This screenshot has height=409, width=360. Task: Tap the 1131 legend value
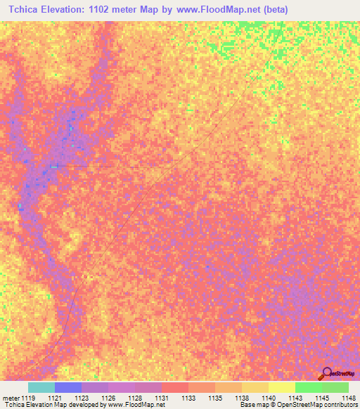pos(162,397)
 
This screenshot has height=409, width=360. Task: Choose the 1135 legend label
pos(214,397)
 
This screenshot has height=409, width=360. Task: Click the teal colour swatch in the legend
pos(41,387)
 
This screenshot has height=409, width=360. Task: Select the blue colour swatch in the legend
pos(67,387)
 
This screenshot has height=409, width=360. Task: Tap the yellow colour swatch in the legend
pos(281,387)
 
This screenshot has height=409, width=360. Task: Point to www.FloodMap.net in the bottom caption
pos(136,405)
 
